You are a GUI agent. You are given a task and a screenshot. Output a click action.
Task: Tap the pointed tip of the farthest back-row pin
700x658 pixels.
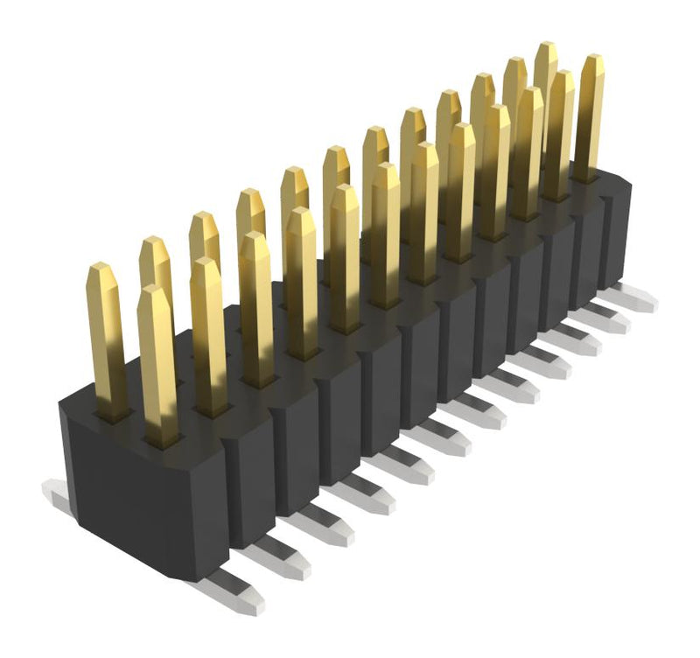546,47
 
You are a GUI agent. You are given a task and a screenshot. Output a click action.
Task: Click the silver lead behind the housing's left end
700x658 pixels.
56,495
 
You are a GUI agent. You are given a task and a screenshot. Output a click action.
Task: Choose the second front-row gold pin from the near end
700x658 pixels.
209,337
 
